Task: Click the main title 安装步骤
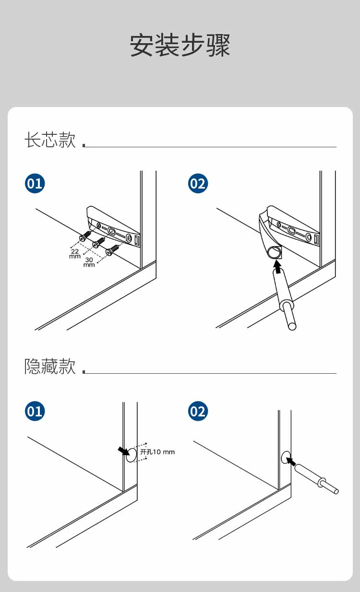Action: coord(180,46)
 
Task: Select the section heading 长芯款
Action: coord(50,140)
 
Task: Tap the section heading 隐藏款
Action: coord(50,367)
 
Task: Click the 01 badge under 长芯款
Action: coord(35,184)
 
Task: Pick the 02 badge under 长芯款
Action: coord(197,184)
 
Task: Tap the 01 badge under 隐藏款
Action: coord(35,411)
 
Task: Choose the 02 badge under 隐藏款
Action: coord(197,411)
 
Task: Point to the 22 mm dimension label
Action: coord(75,254)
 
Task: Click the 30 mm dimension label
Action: coord(89,262)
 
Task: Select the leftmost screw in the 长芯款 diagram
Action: coord(85,236)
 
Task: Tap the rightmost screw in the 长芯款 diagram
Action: coord(112,249)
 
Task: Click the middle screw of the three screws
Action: coord(98,242)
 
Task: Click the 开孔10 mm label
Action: coord(157,452)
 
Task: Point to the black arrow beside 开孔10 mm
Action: coord(123,450)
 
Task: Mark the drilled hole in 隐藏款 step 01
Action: coord(131,456)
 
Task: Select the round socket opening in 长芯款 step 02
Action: coord(274,251)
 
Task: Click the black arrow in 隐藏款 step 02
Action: coord(291,462)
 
